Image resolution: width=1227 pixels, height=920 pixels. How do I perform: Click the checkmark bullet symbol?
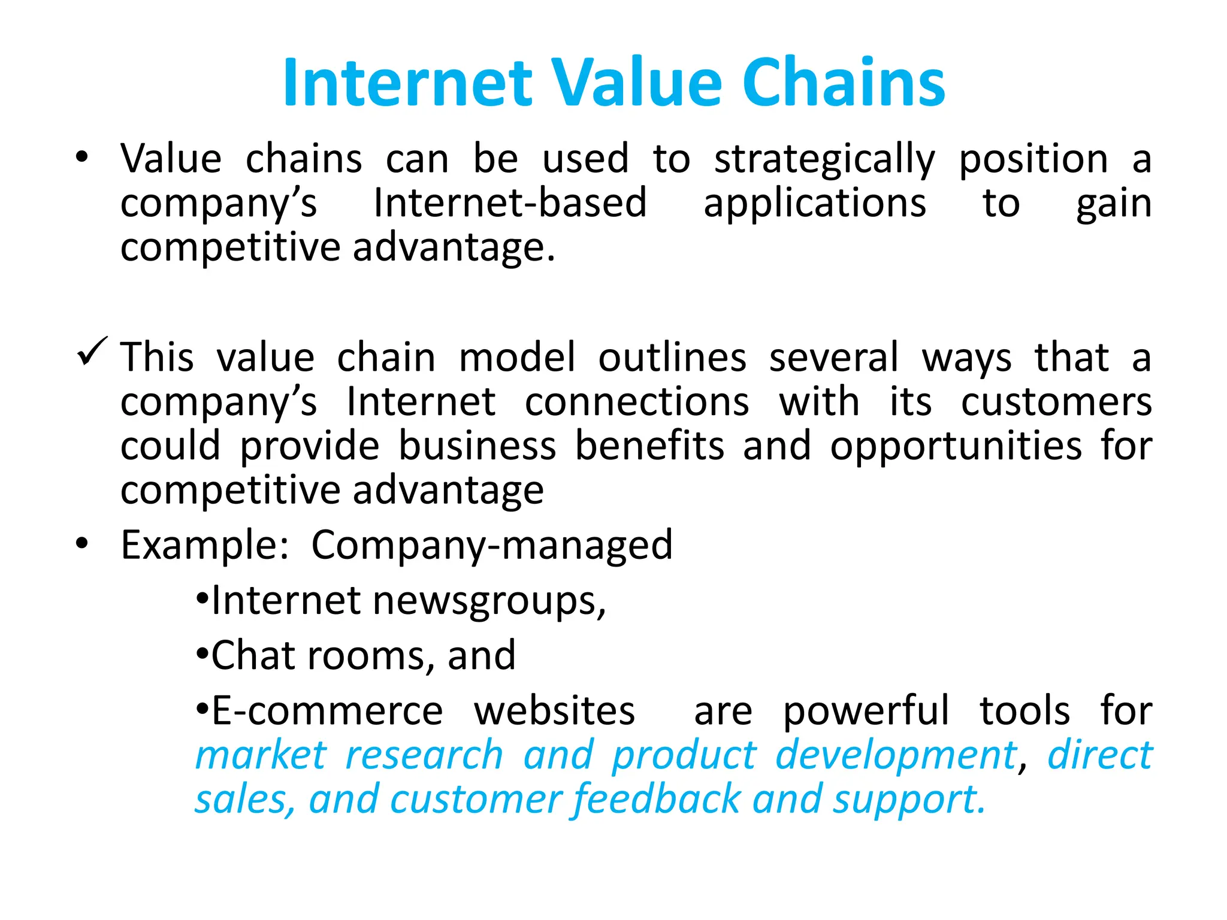tap(92, 351)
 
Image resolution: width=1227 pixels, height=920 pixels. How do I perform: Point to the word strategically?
tap(824, 161)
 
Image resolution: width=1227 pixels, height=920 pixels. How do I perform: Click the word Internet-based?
tap(510, 203)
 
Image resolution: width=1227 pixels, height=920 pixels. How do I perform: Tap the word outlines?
tap(672, 357)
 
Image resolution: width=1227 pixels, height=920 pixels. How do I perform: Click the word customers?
tap(1056, 402)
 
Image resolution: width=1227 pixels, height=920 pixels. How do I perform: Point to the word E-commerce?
tap(327, 711)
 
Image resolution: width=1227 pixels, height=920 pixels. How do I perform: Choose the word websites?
tap(554, 711)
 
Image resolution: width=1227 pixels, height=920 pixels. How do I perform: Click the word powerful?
tap(866, 711)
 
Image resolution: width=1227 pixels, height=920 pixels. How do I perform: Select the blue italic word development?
tap(896, 755)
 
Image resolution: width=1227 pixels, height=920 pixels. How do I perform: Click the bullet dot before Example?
tap(82, 544)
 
